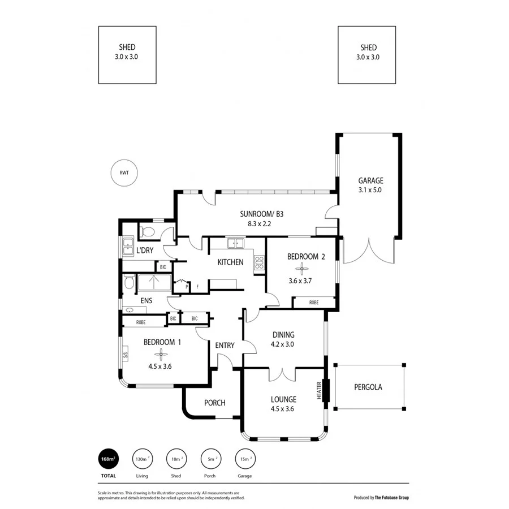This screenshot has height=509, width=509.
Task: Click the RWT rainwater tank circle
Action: (x=124, y=173)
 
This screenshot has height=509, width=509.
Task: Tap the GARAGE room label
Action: (x=370, y=181)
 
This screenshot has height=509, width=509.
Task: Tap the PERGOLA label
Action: (x=368, y=387)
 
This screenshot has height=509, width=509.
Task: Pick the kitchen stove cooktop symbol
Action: (x=259, y=262)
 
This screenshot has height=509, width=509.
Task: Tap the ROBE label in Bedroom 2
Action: (x=313, y=303)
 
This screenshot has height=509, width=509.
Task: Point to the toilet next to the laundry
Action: (x=148, y=231)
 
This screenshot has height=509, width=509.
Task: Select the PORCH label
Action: (x=214, y=403)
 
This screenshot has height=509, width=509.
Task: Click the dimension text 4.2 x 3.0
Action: (x=282, y=344)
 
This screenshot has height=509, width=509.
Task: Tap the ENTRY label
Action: (x=225, y=345)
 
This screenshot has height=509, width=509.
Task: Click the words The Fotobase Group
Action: (x=391, y=498)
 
